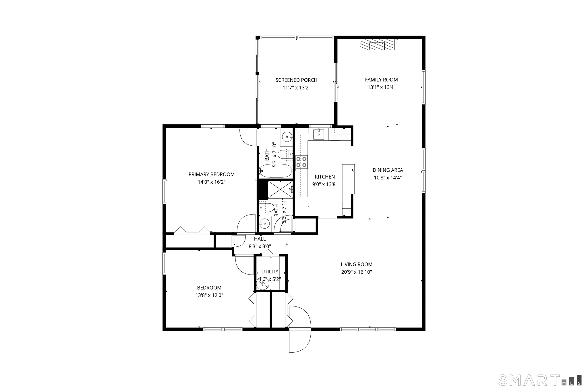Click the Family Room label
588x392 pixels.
point(381,80)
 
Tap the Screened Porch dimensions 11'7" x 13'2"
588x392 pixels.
point(296,88)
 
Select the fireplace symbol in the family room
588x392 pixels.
point(377,45)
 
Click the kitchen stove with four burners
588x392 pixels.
point(301,162)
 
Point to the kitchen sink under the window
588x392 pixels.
point(319,134)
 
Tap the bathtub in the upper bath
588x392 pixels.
point(275,171)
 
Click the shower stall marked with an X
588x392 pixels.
point(280,190)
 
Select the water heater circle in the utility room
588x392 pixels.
point(263,284)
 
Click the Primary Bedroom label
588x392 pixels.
point(211,174)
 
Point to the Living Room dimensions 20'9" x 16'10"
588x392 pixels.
point(356,272)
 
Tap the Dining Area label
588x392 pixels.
point(388,170)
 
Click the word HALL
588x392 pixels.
point(260,239)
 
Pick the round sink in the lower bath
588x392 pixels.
point(264,223)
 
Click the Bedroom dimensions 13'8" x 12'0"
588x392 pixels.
point(209,295)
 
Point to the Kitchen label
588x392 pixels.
point(325,177)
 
